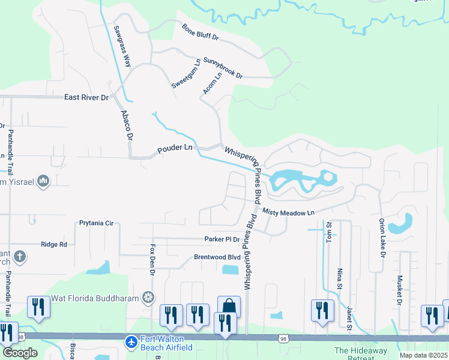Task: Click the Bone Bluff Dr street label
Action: [x=201, y=32]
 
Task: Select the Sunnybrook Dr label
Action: [x=222, y=68]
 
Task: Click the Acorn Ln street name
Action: [x=209, y=83]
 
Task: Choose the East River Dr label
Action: [x=87, y=97]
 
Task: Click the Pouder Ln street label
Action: [x=175, y=148]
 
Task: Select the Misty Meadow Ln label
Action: [x=288, y=213]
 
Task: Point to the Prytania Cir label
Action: [x=96, y=223]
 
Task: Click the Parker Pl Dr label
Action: [x=221, y=239]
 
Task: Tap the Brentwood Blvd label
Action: [x=217, y=257]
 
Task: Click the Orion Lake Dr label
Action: [x=382, y=236]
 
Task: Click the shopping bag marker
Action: [x=229, y=307]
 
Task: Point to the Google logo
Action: [x=20, y=352]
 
